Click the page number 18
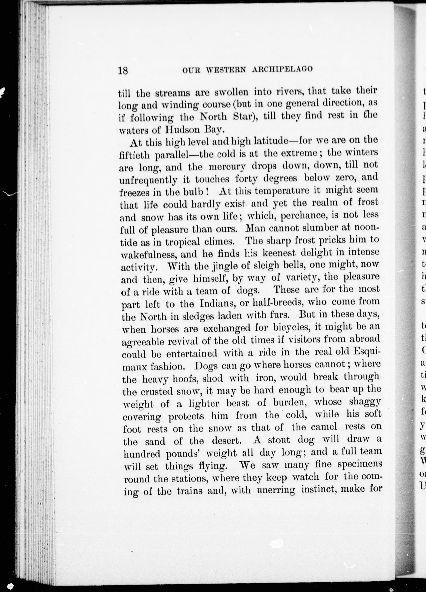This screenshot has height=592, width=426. [x=123, y=71]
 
